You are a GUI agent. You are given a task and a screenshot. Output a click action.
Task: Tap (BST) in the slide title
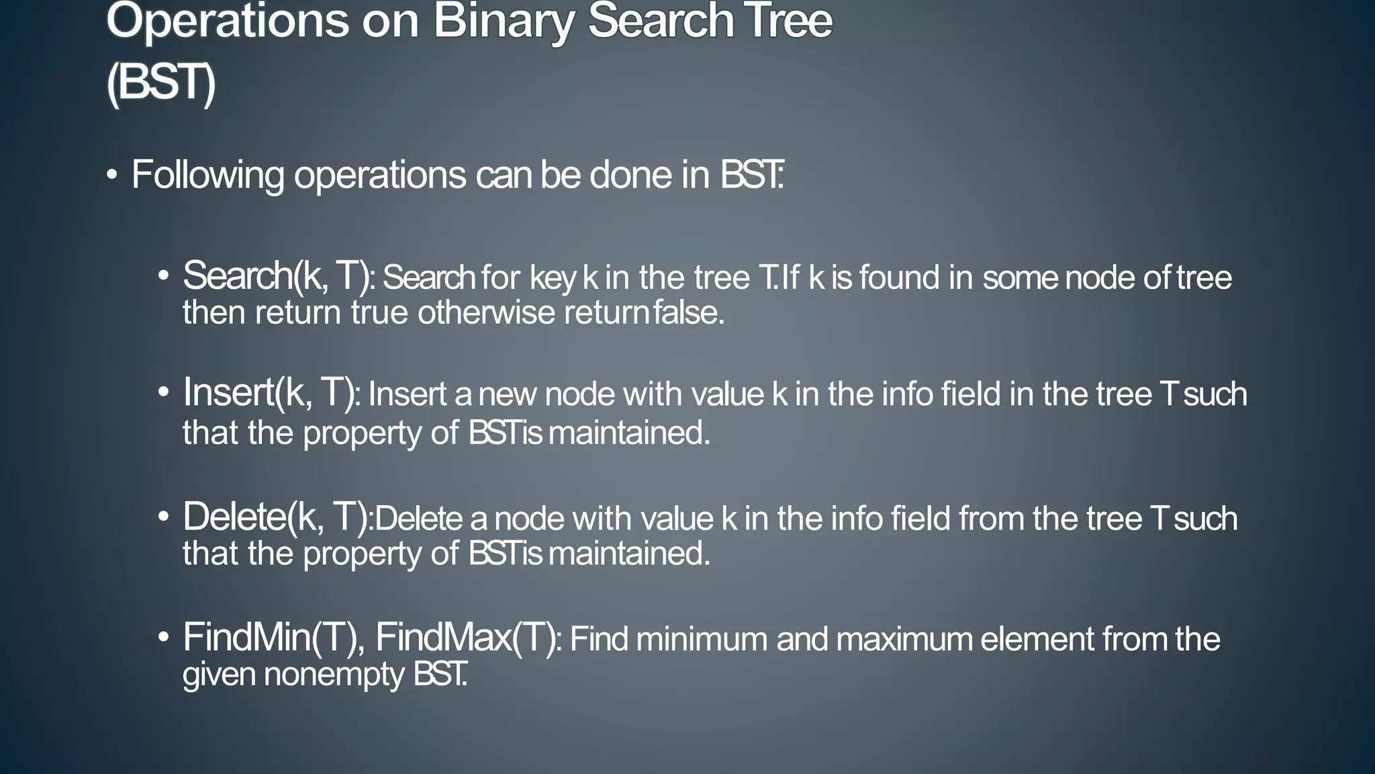[x=161, y=83]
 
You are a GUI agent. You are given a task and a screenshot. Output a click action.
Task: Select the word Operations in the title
[x=228, y=21]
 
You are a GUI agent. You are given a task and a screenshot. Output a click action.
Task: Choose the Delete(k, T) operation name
[x=276, y=517]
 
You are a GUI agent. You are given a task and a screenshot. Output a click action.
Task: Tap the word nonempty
[x=334, y=675]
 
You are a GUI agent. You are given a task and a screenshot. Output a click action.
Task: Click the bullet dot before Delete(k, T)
[x=164, y=517]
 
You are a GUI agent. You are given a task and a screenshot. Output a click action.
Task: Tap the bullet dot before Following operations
[x=112, y=175]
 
